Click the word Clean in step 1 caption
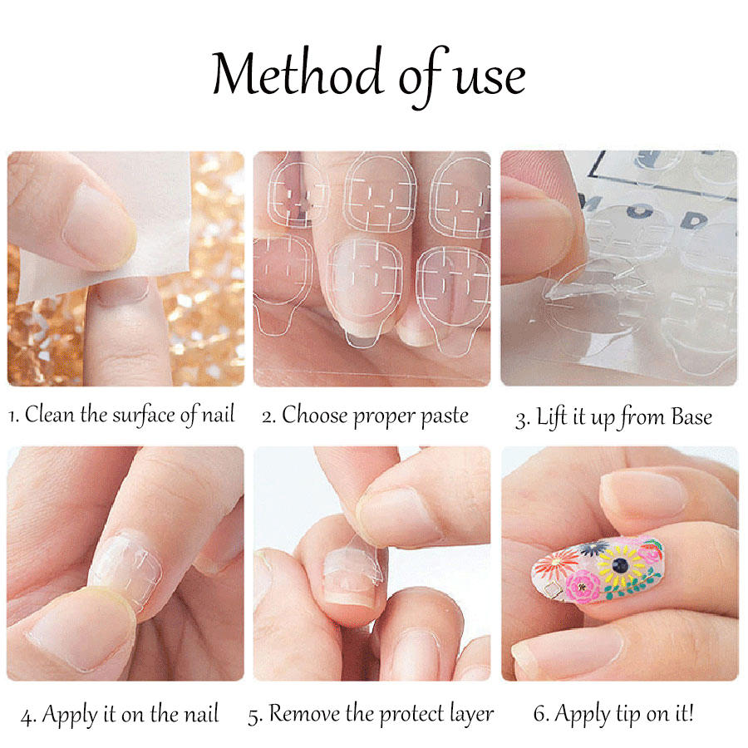(50, 414)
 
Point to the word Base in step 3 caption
(691, 416)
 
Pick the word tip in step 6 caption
(628, 715)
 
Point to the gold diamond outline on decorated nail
(554, 589)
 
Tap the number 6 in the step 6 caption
(540, 714)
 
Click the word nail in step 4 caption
(201, 715)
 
